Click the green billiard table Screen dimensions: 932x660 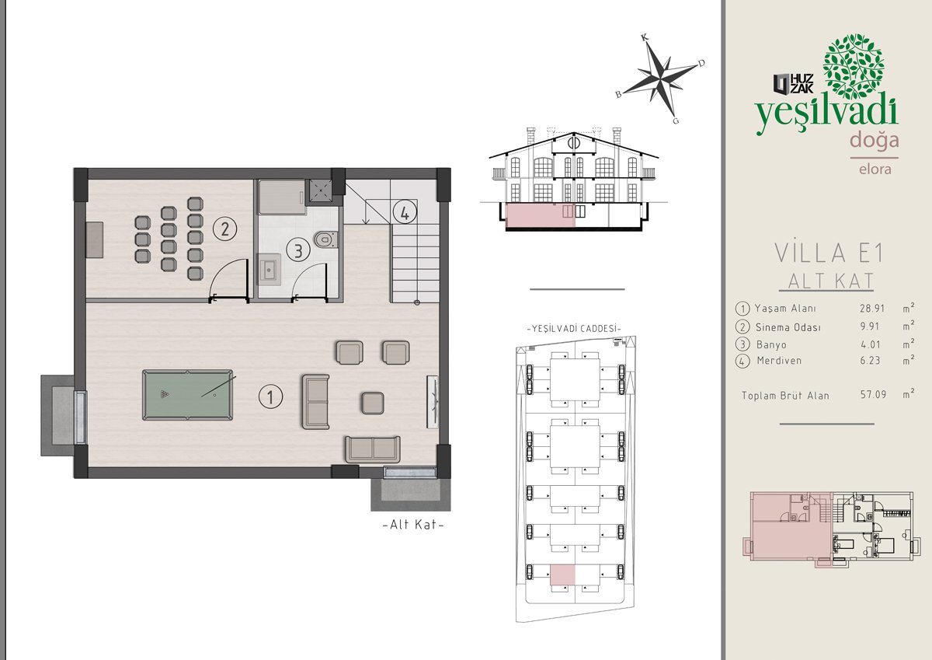click(188, 395)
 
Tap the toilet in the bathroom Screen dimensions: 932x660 click(325, 240)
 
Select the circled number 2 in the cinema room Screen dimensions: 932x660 click(224, 229)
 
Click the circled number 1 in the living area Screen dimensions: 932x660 click(270, 396)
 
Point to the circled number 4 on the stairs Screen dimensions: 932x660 click(405, 212)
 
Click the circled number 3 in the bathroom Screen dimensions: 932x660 click(298, 250)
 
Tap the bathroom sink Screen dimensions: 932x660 click(269, 270)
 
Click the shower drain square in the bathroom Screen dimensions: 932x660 click(320, 190)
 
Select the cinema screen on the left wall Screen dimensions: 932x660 click(95, 240)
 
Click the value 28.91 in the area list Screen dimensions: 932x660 click(872, 309)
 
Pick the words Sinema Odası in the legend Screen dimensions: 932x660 click(788, 327)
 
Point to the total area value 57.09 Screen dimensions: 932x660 click(873, 394)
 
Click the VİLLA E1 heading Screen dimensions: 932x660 click(829, 253)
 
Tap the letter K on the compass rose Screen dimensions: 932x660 click(645, 38)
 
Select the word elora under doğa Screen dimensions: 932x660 click(875, 169)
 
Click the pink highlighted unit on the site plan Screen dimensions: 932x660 click(562, 574)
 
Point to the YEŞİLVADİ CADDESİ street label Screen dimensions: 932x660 click(574, 329)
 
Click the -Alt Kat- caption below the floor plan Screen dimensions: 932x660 click(413, 524)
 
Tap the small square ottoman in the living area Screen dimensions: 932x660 click(372, 403)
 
